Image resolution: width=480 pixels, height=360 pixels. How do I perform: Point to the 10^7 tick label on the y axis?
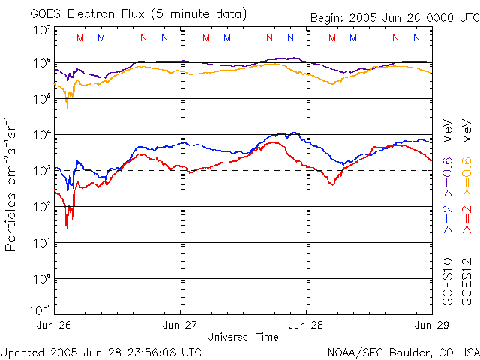pos(41,30)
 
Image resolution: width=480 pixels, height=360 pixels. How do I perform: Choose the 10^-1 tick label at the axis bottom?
pos(41,310)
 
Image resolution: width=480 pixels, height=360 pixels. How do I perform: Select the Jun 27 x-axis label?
pos(181,325)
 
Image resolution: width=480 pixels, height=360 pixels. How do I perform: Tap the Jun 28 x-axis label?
pos(307,325)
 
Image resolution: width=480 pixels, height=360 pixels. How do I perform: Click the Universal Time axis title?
pos(243,337)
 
